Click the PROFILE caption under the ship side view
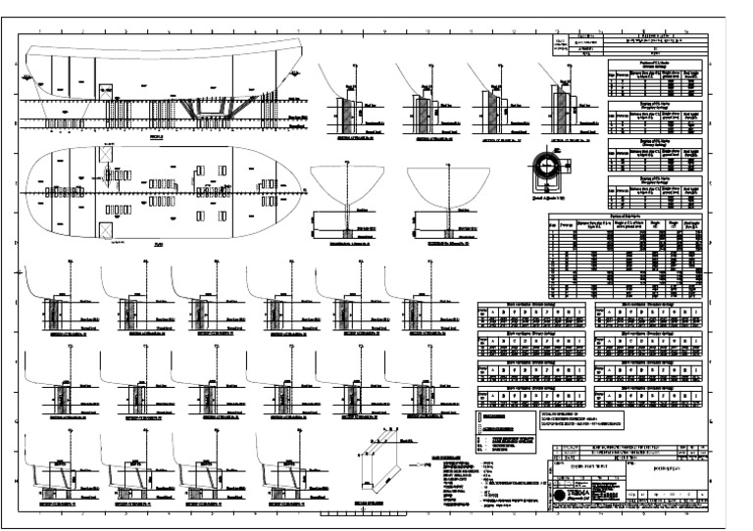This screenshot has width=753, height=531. point(159,138)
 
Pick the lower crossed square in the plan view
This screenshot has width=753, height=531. point(105,227)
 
